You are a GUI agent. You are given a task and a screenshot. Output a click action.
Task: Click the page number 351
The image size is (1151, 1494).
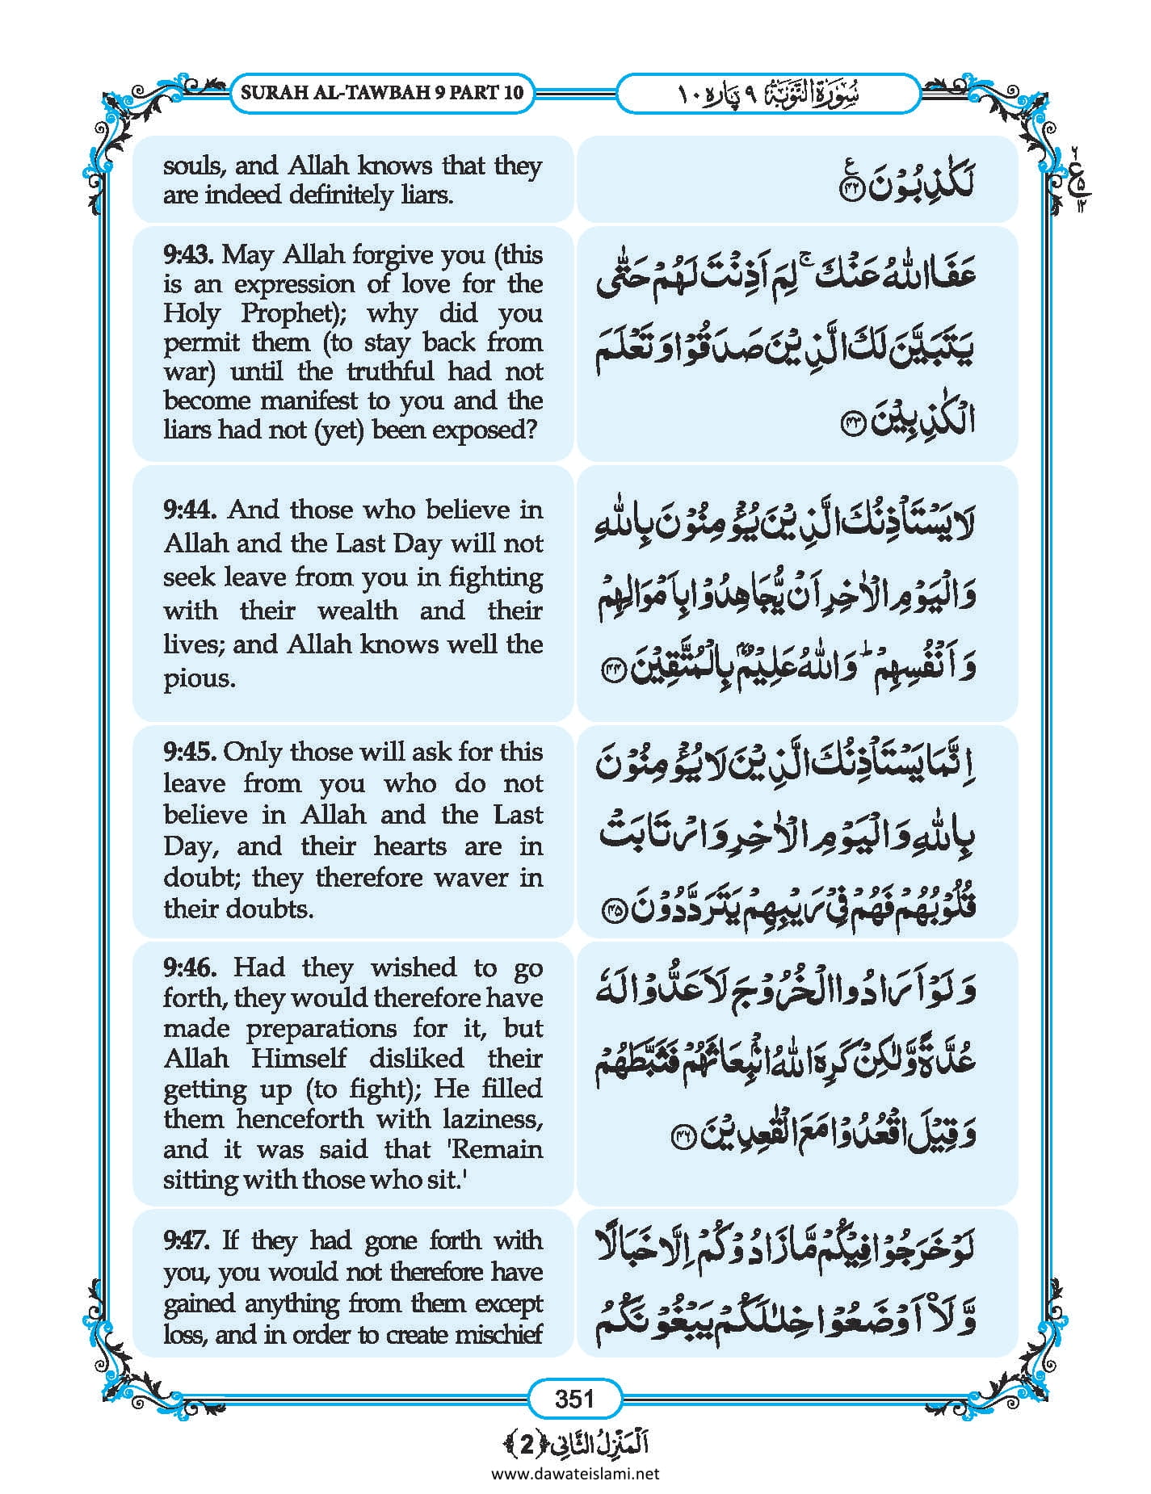(x=574, y=1398)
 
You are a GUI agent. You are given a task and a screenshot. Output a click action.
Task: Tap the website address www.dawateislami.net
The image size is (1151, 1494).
(x=575, y=1473)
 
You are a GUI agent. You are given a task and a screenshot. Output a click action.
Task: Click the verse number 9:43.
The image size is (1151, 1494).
(x=188, y=255)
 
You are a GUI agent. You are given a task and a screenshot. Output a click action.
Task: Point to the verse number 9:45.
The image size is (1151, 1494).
(x=189, y=752)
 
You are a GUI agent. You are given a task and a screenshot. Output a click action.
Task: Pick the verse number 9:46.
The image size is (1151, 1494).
(x=189, y=967)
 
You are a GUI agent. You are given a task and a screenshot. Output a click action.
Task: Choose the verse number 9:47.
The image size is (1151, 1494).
(x=188, y=1240)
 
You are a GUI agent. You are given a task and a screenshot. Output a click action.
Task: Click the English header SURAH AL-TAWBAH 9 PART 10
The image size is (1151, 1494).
(x=382, y=92)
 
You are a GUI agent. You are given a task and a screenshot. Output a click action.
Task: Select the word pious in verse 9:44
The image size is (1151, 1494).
(x=199, y=679)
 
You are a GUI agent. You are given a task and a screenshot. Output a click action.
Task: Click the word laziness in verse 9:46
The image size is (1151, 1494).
(x=493, y=1119)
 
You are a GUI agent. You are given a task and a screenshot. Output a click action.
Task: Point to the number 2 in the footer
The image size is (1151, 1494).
(x=526, y=1444)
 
